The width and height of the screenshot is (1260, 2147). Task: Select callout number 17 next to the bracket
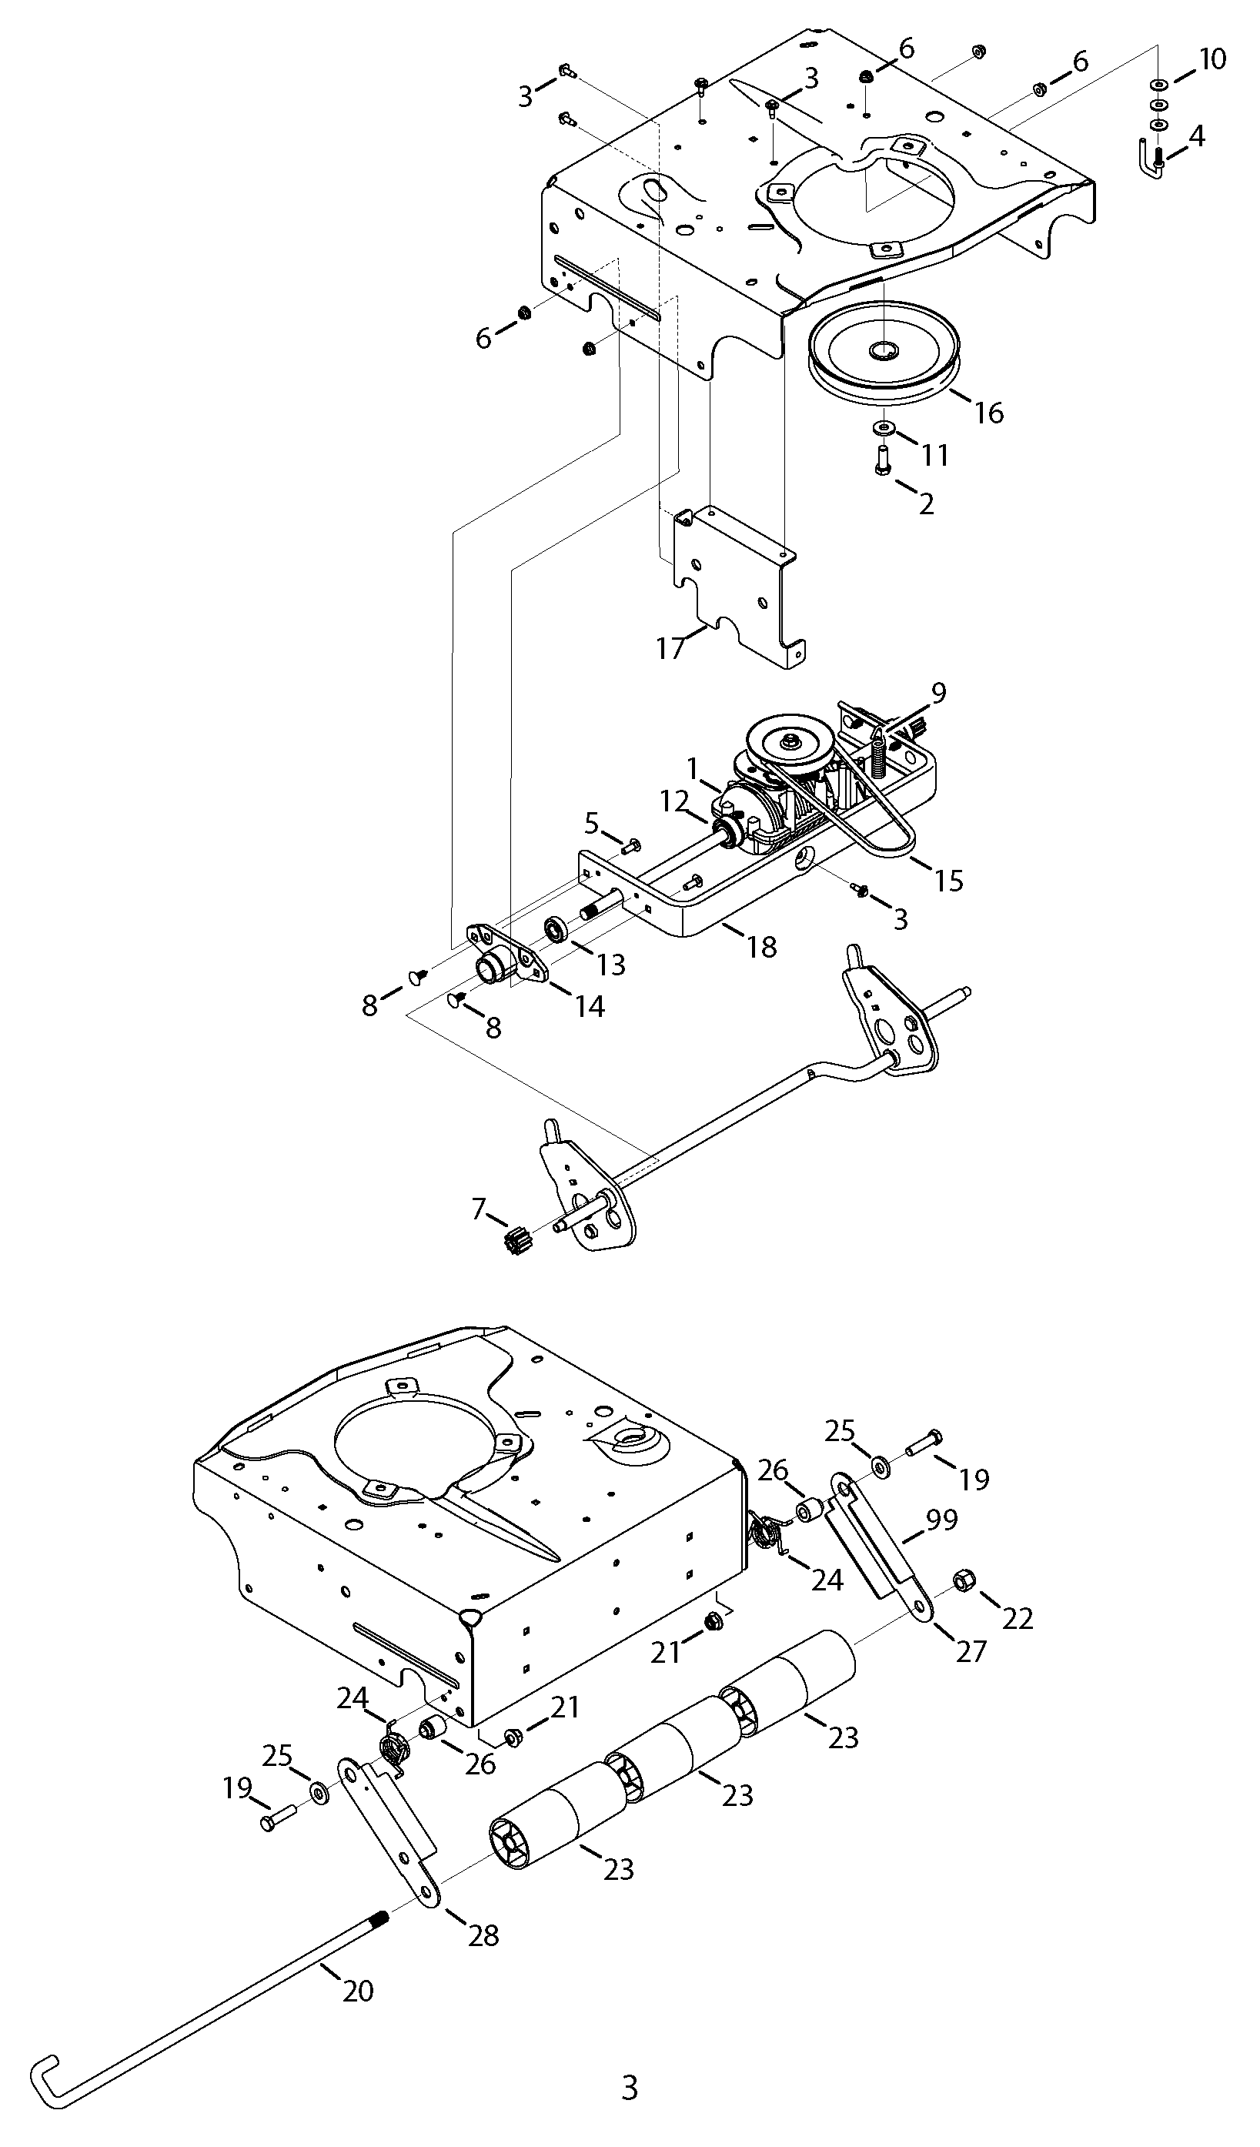(670, 648)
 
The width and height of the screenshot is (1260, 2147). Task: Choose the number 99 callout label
(942, 1518)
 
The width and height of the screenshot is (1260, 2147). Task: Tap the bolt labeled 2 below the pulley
(883, 461)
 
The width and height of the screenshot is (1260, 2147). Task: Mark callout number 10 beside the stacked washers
(1212, 59)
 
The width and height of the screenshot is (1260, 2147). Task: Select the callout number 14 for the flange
(590, 1006)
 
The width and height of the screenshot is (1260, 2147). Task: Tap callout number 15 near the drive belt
(948, 880)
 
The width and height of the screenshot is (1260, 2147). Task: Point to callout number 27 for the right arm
(971, 1651)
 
